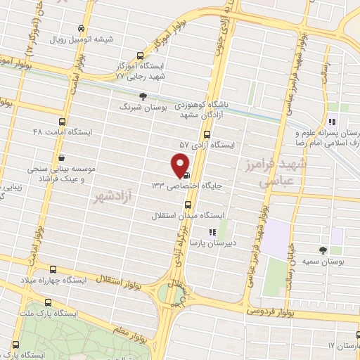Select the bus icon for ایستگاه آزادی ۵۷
[206, 134]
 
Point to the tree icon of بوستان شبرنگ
[143, 96]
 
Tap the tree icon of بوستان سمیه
[323, 250]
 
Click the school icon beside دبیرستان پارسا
[210, 232]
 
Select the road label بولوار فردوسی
[275, 310]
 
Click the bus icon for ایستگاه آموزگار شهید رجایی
[140, 56]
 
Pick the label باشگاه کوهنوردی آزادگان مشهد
[214, 109]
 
